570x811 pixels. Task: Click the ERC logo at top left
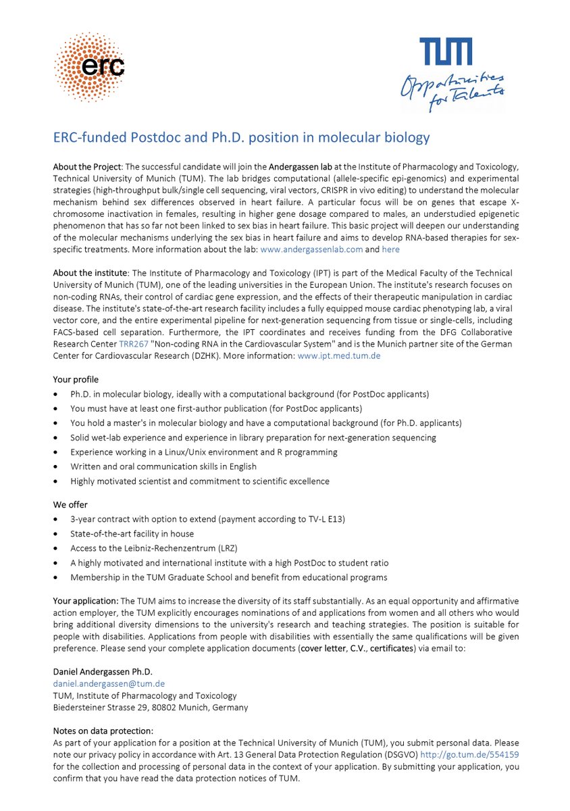coord(89,66)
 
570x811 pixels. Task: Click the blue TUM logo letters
coord(446,52)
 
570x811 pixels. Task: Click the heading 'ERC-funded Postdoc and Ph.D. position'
coord(241,137)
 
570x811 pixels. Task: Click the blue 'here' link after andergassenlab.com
coord(390,249)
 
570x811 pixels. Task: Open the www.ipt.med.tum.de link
coord(338,355)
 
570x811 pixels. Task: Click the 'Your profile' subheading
coord(76,379)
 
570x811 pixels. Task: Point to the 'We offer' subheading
coord(70,504)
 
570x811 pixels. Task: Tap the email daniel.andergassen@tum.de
coord(109,683)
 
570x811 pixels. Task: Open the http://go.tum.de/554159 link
coord(469,754)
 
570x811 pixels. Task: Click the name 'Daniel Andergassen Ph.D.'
coord(103,671)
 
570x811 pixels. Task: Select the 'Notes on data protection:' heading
coord(103,731)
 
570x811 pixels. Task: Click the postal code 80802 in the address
coord(165,708)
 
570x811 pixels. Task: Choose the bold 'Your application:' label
coord(86,601)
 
